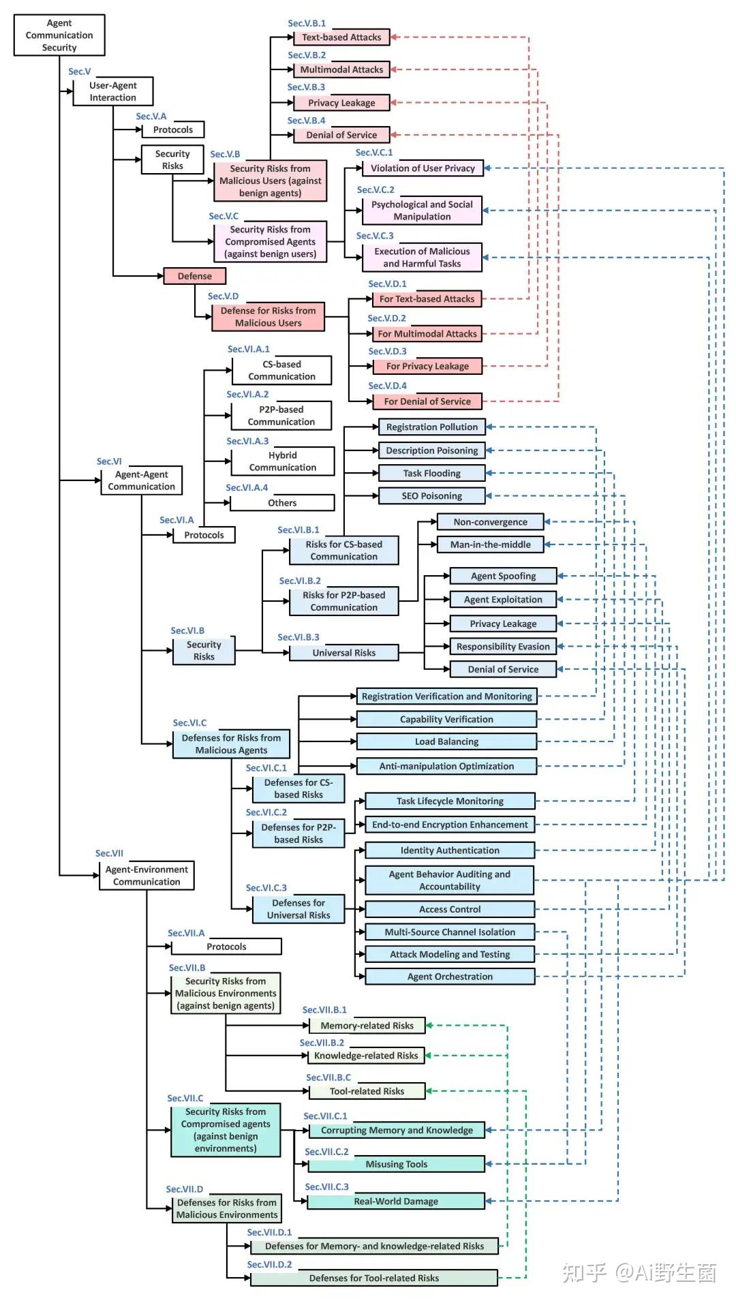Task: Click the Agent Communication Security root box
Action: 59,35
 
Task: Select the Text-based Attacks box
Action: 341,37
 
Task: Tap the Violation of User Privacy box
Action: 423,168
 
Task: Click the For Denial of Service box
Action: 427,401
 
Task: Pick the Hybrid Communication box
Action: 283,461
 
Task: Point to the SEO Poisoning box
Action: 431,496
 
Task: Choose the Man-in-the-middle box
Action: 491,545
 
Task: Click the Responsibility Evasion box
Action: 503,647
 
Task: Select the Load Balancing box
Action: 446,741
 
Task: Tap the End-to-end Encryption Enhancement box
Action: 450,825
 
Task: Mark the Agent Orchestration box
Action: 450,977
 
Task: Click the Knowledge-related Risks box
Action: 366,1056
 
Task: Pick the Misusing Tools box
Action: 396,1164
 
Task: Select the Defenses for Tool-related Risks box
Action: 374,1278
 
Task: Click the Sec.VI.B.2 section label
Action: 300,581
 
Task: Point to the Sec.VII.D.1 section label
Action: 269,1232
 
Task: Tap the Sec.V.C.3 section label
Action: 375,236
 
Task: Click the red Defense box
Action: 195,276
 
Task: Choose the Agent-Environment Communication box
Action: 147,876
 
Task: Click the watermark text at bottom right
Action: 639,1272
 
